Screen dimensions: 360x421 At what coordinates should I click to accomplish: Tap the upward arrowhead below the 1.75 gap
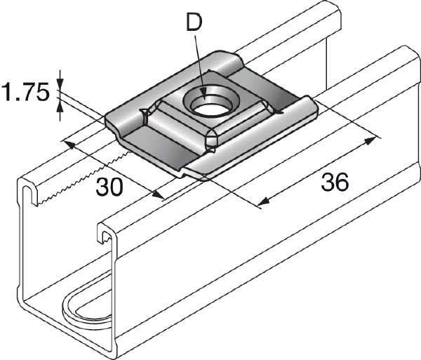(60, 107)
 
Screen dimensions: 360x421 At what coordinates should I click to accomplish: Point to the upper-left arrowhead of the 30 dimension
(69, 143)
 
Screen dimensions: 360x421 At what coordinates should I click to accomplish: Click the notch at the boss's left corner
(145, 112)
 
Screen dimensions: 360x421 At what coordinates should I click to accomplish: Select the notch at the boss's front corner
(209, 146)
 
